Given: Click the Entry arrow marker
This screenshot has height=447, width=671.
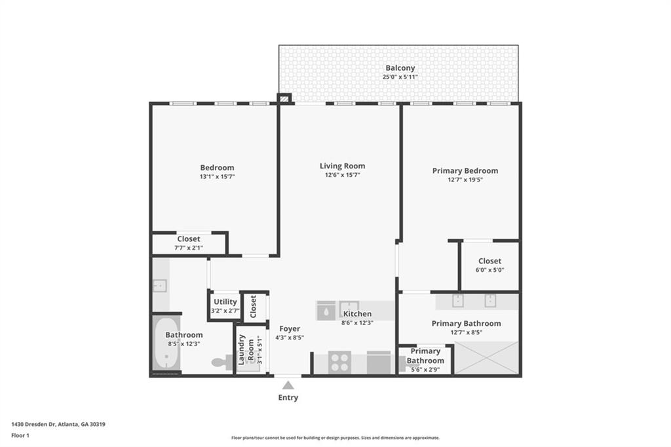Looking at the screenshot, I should click(x=288, y=385).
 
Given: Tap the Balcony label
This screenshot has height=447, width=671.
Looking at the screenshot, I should click(x=400, y=68).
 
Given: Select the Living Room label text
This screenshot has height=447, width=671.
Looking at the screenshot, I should click(x=342, y=166).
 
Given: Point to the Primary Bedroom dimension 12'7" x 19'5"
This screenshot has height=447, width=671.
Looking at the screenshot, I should click(x=465, y=180).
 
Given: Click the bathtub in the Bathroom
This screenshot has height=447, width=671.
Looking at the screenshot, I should click(x=166, y=345).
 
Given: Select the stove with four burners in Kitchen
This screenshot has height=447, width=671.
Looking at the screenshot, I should click(x=339, y=362).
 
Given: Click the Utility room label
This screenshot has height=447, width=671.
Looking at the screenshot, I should click(x=225, y=301).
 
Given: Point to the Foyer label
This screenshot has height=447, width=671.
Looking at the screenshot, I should click(x=290, y=328).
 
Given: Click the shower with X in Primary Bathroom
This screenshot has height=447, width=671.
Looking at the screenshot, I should click(x=486, y=358).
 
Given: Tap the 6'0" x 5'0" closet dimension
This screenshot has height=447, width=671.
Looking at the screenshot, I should click(x=489, y=270).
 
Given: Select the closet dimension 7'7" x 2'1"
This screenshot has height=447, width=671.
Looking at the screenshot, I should click(x=189, y=248).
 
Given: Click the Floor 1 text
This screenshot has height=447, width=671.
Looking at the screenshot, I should click(x=20, y=435).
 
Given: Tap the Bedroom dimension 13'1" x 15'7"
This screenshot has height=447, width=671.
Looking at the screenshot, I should click(x=217, y=177).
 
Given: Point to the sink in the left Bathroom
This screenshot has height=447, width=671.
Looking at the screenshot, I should click(x=159, y=286).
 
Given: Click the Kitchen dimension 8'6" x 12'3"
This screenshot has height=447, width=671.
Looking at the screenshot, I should click(x=357, y=322).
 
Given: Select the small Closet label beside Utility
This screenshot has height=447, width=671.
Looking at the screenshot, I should click(x=254, y=306).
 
